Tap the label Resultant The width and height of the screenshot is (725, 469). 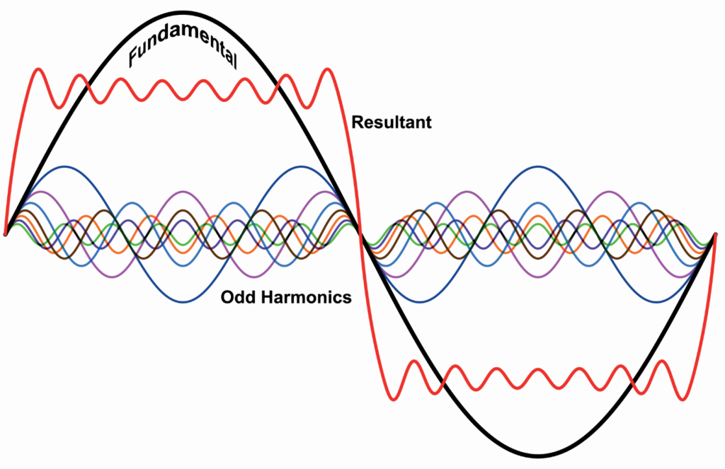[392, 122]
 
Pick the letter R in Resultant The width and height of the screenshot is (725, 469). [357, 122]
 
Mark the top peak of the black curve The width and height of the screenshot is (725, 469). [183, 13]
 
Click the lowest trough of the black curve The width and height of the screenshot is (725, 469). [539, 455]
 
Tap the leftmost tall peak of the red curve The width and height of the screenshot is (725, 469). [39, 69]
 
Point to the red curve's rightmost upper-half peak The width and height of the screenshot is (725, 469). [327, 69]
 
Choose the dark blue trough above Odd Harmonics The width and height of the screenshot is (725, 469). [183, 302]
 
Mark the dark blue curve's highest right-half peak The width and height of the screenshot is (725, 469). [539, 167]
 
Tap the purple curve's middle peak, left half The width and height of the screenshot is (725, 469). [183, 192]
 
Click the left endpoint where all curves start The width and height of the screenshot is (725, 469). [6, 233]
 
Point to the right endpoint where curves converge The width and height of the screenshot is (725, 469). [717, 234]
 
